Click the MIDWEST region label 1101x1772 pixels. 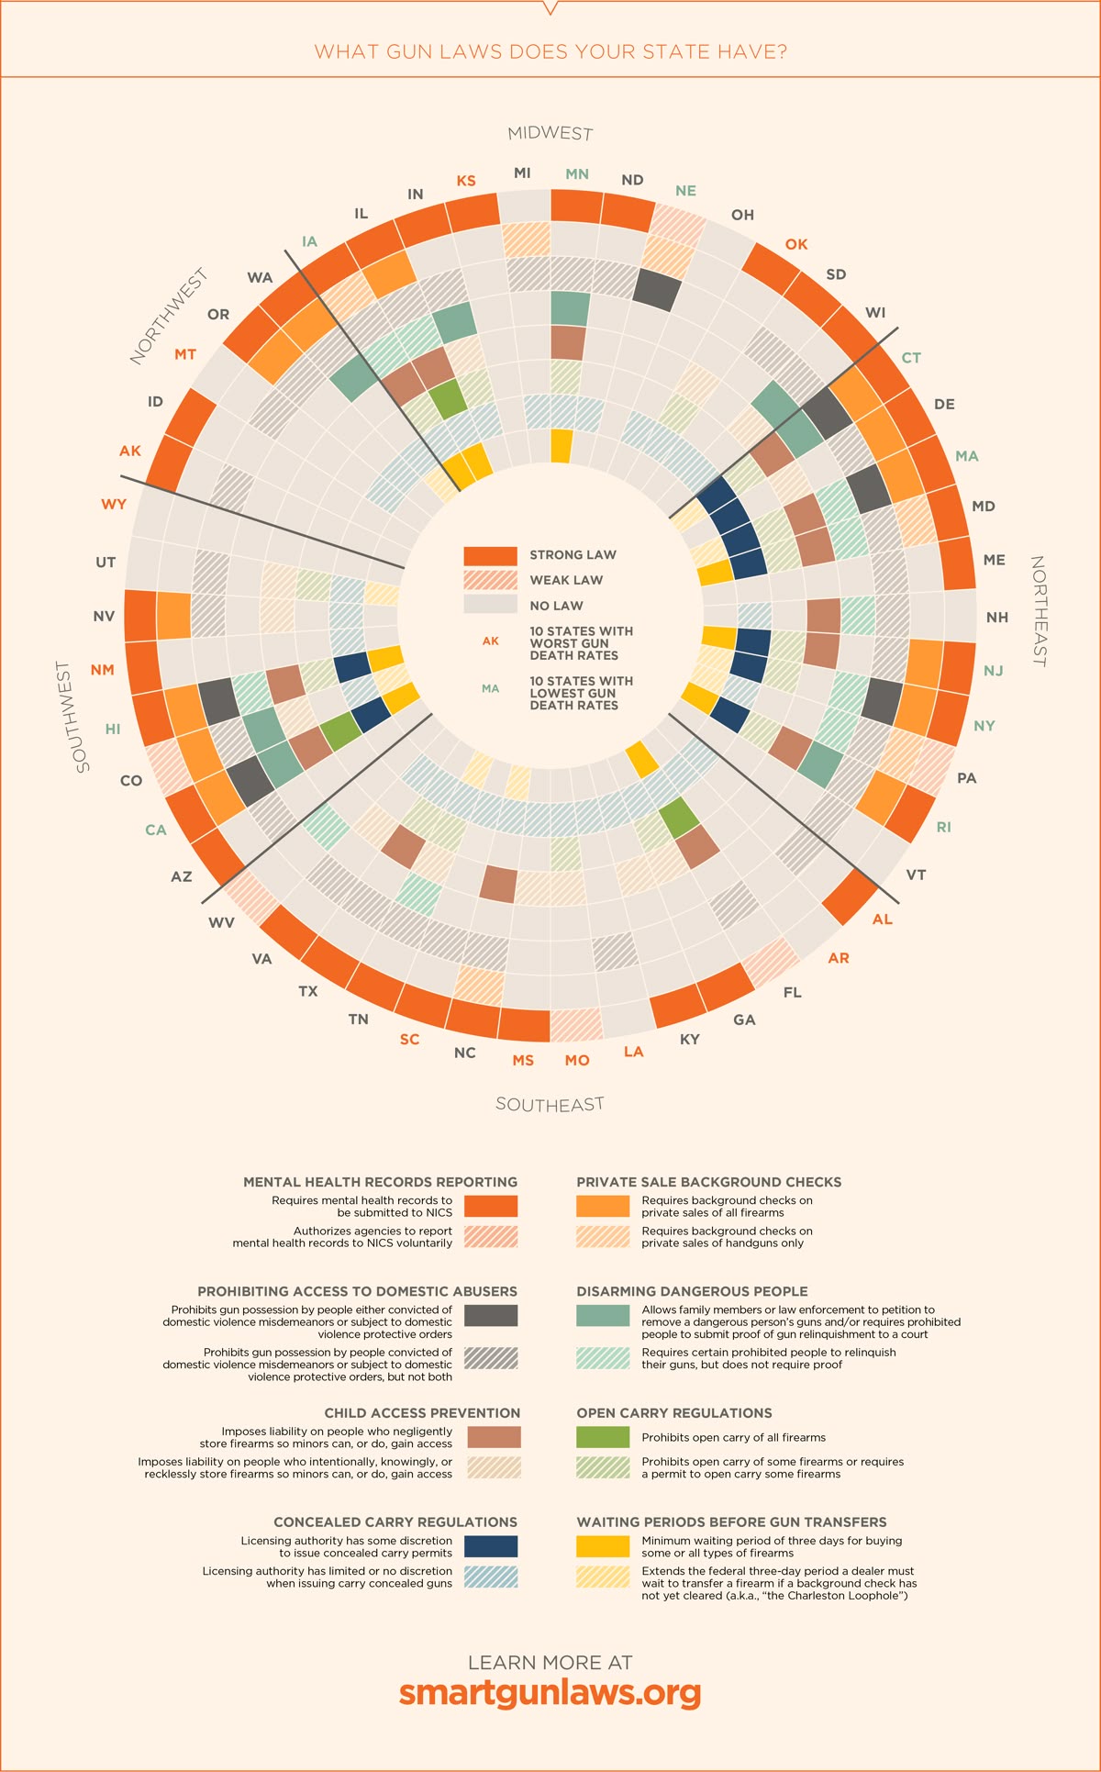point(550,133)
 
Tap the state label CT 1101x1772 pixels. point(911,358)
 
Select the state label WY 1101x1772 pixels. point(114,504)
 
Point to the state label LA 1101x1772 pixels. point(634,1052)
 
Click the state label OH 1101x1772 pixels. point(742,215)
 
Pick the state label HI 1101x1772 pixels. point(113,729)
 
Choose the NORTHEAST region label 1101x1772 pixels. point(1039,610)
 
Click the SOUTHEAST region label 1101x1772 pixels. point(550,1104)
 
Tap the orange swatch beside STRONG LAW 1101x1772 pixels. point(490,555)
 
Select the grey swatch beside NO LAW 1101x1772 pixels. point(490,605)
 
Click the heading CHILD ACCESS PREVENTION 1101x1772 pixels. point(422,1413)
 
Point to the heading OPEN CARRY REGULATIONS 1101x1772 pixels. point(674,1413)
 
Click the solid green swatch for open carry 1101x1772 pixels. point(603,1437)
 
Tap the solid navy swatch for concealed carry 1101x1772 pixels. point(491,1546)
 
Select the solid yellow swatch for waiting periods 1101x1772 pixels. point(603,1546)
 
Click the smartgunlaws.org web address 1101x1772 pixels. point(550,1693)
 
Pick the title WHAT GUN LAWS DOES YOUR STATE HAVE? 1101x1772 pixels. point(550,51)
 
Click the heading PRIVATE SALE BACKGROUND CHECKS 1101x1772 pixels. point(708,1182)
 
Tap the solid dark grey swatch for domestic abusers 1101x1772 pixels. point(491,1315)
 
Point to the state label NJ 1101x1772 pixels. point(993,671)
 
